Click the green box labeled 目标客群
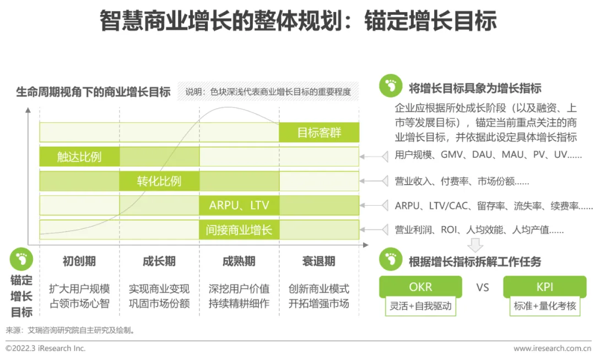click(x=319, y=132)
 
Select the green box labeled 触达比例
click(x=79, y=157)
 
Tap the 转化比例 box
click(x=159, y=181)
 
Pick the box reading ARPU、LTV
click(x=239, y=206)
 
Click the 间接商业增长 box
click(x=239, y=230)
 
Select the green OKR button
click(x=420, y=287)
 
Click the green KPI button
click(x=544, y=287)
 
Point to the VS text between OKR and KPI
click(x=483, y=287)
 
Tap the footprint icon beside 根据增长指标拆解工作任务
click(x=391, y=260)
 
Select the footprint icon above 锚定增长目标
click(x=21, y=259)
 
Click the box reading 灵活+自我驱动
click(x=420, y=306)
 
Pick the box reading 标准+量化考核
click(x=544, y=306)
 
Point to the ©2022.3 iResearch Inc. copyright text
click(x=46, y=348)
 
